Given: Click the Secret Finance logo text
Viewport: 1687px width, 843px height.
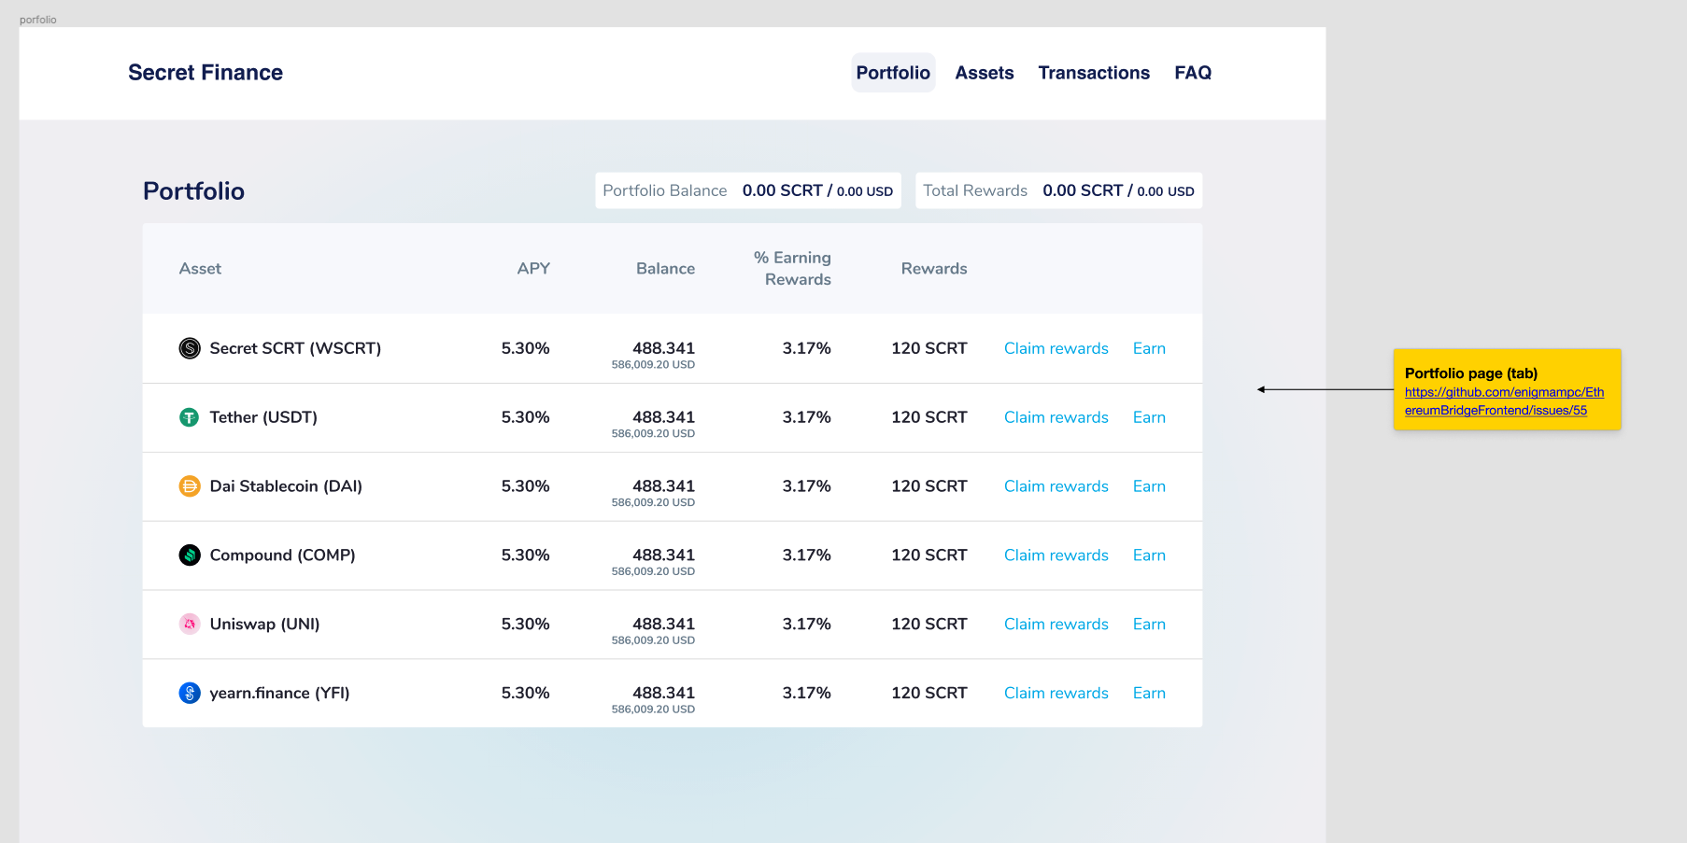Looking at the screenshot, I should (206, 73).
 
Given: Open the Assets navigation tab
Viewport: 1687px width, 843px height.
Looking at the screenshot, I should (984, 73).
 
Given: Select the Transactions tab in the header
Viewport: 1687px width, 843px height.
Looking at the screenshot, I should (1094, 73).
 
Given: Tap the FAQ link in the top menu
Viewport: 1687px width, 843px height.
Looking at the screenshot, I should (1193, 73).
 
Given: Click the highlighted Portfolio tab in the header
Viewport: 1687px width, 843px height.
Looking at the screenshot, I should (893, 73).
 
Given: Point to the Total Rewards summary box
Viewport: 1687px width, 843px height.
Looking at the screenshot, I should (1058, 190).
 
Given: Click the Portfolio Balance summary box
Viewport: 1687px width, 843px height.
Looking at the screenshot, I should (748, 190).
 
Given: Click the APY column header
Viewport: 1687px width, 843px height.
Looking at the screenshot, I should (533, 269).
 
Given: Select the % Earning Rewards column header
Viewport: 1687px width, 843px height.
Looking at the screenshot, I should (793, 269).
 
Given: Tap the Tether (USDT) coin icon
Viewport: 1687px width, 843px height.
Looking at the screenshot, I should (190, 417).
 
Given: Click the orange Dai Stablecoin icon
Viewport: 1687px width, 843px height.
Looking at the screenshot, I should (190, 486).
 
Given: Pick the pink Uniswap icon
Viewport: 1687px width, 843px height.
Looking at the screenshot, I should (190, 624).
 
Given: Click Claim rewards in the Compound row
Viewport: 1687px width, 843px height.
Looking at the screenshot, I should (1056, 555).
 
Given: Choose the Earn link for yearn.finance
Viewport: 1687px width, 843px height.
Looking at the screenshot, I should (1149, 693).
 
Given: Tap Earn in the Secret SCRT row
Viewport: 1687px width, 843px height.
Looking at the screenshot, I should (1149, 348).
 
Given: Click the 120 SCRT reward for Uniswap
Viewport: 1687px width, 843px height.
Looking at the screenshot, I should (929, 624).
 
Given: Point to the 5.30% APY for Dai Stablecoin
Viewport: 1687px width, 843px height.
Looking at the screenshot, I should (525, 486).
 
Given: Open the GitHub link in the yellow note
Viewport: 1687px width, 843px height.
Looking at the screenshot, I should (1503, 401).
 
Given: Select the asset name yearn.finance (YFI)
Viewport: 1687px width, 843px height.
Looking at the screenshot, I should (279, 693).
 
